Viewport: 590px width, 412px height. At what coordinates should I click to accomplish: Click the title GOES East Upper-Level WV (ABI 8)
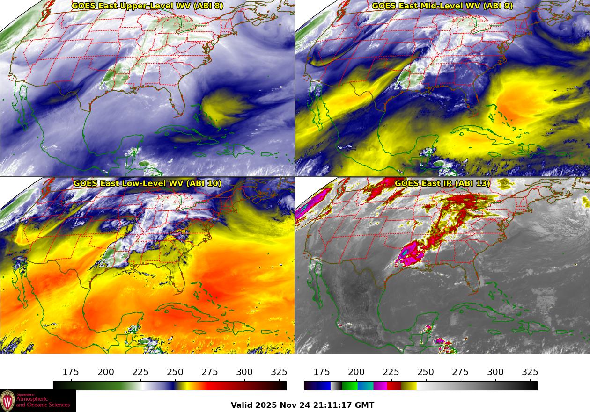(x=147, y=6)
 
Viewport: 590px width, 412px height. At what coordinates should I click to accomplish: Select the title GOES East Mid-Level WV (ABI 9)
(x=442, y=6)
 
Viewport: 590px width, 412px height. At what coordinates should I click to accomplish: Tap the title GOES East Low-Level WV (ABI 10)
(x=147, y=183)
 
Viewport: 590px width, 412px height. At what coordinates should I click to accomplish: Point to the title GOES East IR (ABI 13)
(x=442, y=183)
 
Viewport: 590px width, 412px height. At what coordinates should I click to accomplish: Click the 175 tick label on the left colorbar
(x=71, y=372)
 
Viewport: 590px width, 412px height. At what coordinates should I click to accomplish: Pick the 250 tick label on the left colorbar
(x=175, y=372)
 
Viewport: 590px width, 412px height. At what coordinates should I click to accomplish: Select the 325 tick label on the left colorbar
(x=279, y=372)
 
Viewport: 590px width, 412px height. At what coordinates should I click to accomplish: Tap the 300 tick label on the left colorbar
(x=244, y=372)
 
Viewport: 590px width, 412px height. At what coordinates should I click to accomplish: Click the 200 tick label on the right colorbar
(x=356, y=372)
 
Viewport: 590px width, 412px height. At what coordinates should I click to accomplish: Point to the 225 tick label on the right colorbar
(x=391, y=372)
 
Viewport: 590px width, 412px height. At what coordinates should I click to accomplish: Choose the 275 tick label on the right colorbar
(x=460, y=372)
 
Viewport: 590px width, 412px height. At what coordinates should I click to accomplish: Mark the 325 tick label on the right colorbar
(x=530, y=372)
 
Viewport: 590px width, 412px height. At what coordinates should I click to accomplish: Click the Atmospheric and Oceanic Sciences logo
(x=37, y=401)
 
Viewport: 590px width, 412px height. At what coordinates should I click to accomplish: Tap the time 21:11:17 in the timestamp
(x=334, y=405)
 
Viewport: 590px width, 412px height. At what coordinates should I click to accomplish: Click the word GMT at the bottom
(x=365, y=405)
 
